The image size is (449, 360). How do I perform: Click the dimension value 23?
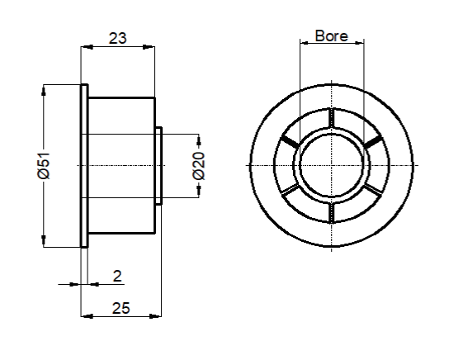(117, 38)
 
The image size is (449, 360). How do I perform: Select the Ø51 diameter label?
(44, 166)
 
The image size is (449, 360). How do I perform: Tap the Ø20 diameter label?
(199, 166)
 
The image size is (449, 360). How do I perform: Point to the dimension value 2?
(117, 276)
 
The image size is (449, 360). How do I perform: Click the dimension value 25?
(121, 308)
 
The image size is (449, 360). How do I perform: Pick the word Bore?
(332, 36)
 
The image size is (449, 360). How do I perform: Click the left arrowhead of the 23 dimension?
(87, 47)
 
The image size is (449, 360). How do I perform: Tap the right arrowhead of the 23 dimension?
(149, 47)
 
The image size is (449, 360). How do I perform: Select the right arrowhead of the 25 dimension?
(155, 316)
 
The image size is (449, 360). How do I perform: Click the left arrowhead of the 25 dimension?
(87, 316)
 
